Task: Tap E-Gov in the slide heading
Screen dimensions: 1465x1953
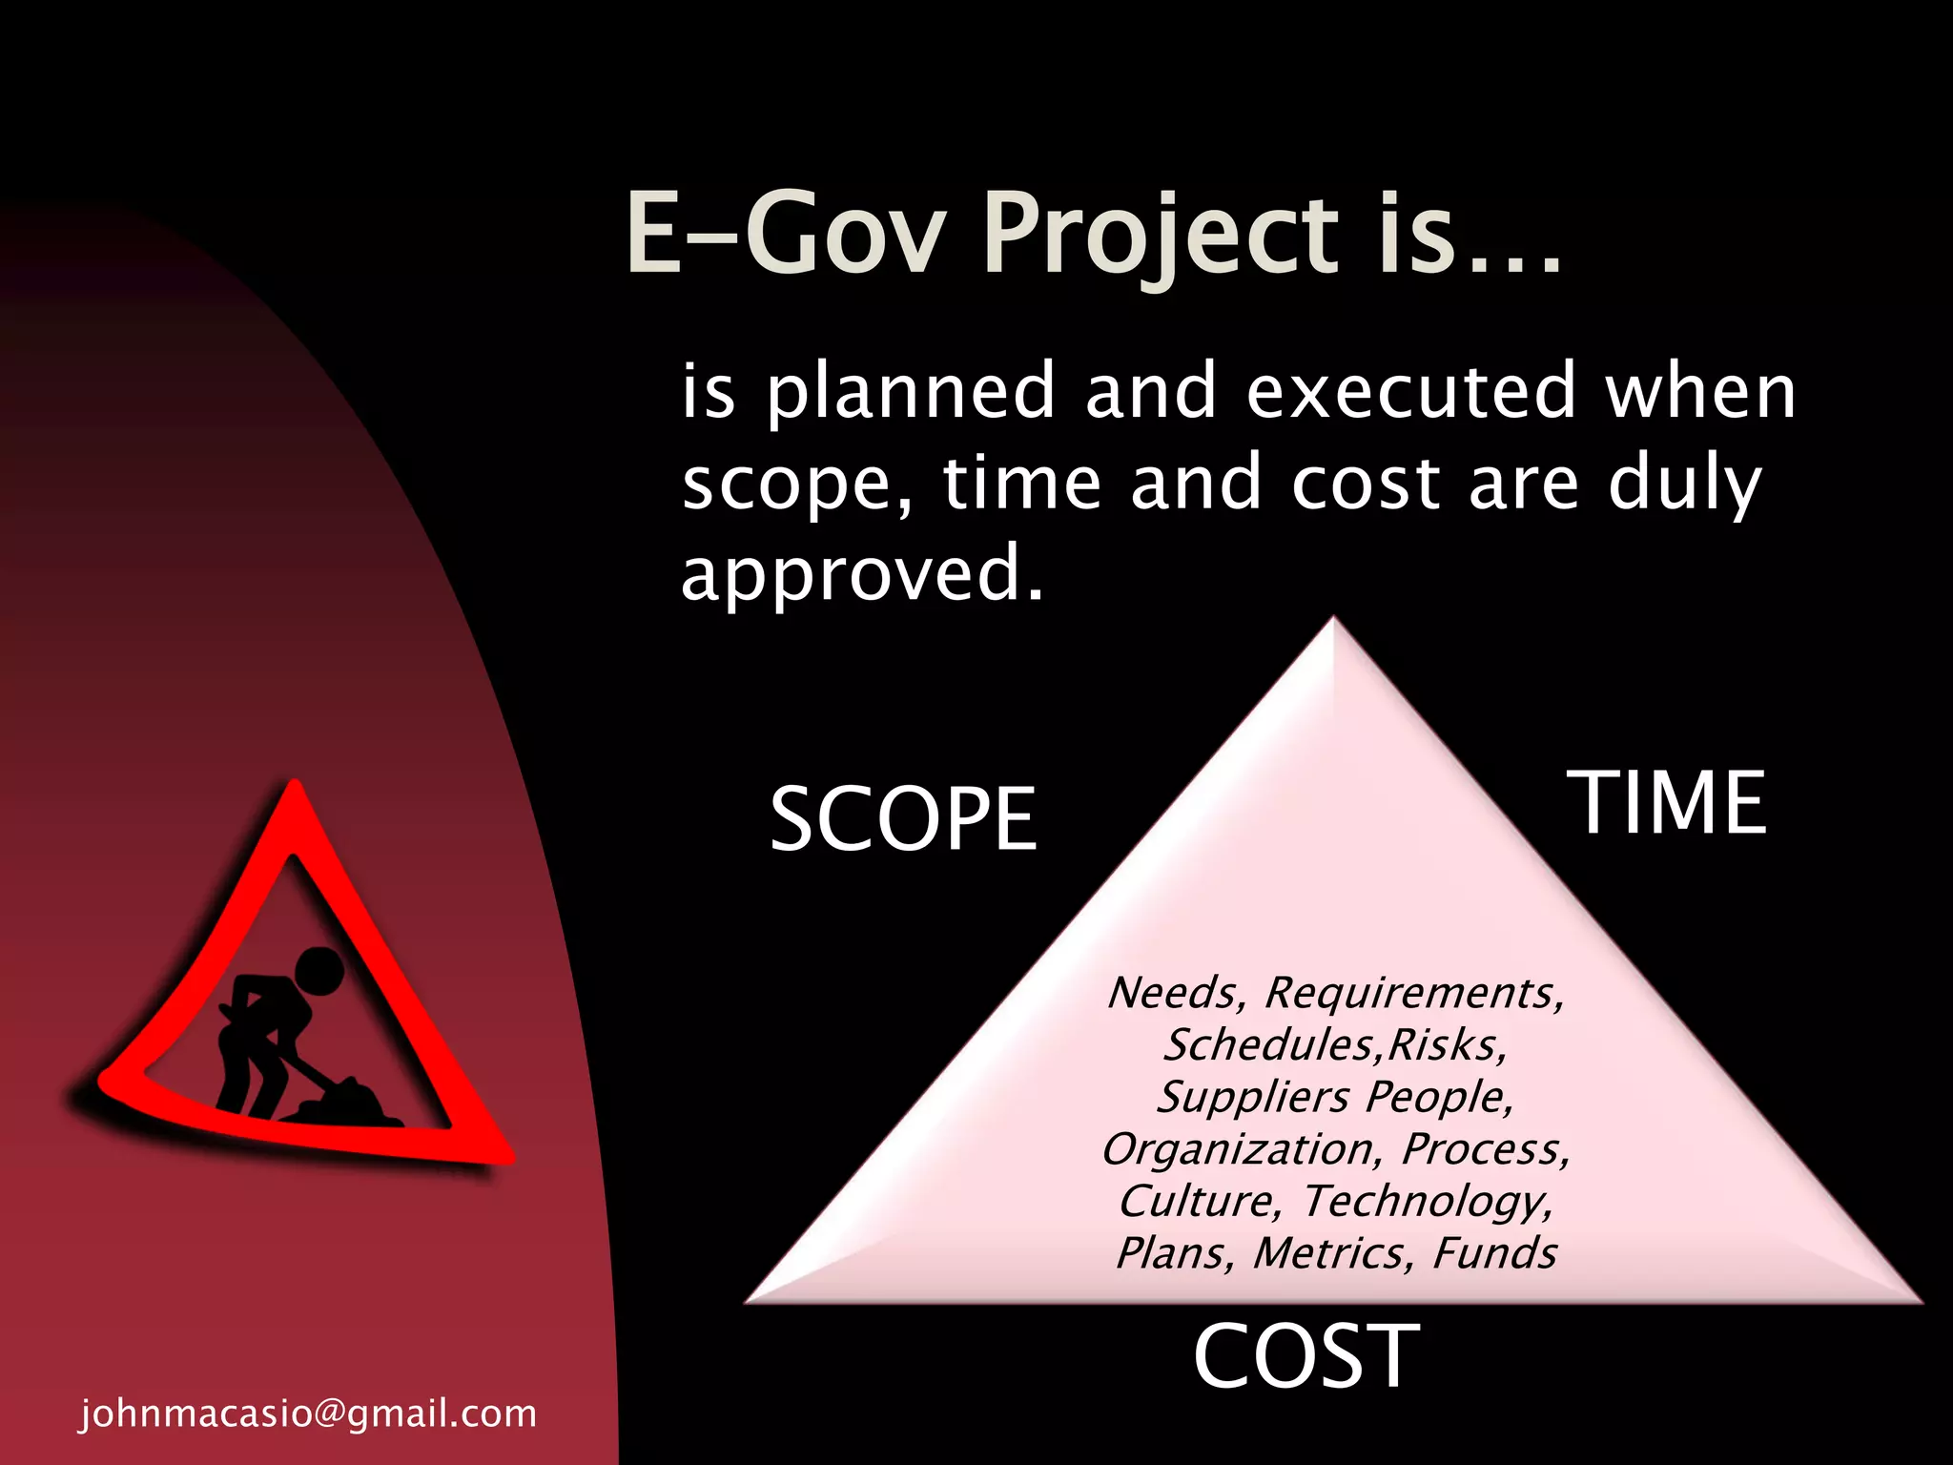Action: tap(786, 234)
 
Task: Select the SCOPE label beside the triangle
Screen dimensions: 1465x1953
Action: tap(902, 818)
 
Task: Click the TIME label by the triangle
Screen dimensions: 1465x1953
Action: tap(1667, 803)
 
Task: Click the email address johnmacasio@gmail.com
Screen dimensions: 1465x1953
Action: tap(308, 1413)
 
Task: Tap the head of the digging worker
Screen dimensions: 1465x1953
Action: tap(318, 972)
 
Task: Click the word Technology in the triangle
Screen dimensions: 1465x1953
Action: tap(1428, 1201)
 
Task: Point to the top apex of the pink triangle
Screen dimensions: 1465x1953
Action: tap(1333, 622)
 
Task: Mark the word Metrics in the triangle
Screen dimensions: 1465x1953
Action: tap(1332, 1252)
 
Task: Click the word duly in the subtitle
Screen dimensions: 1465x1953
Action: tap(1684, 484)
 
